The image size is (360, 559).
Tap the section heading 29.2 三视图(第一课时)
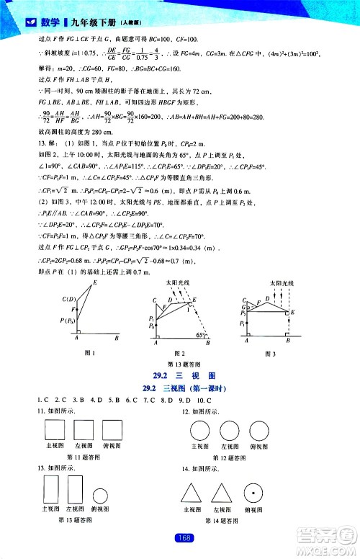[180, 388]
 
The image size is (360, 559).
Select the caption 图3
[271, 352]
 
